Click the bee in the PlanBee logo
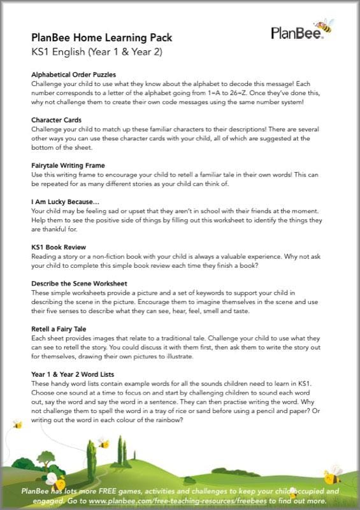pyautogui.click(x=324, y=25)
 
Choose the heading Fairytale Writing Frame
pyautogui.click(x=71, y=165)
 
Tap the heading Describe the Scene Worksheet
pyautogui.click(x=79, y=283)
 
